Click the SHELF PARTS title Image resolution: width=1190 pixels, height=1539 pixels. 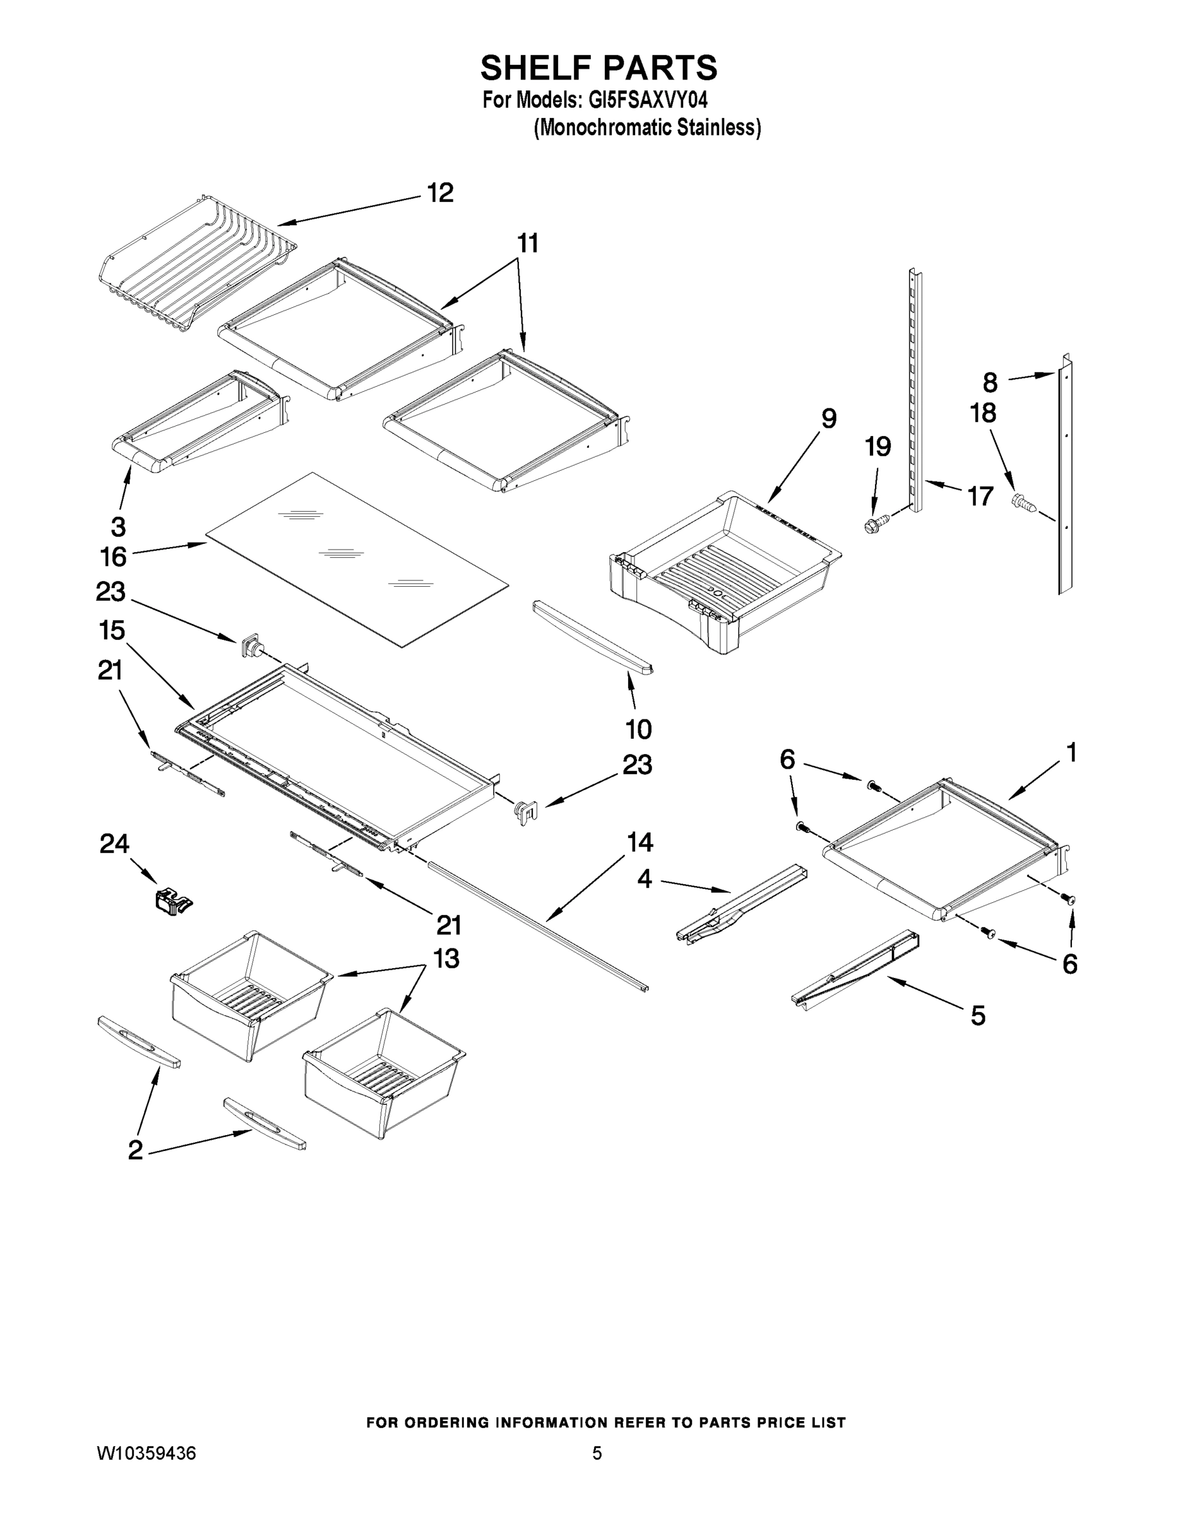599,69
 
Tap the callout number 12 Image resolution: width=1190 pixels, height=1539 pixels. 441,193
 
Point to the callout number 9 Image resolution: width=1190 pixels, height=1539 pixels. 829,419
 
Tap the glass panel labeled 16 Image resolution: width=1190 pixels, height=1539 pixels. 356,560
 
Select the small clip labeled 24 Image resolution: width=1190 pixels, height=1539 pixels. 173,903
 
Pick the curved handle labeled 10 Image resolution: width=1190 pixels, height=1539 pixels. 591,636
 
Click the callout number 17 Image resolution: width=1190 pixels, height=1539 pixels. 980,496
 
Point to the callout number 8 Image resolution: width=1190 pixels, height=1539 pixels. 990,383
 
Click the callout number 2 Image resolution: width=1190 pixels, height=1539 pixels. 135,1150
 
